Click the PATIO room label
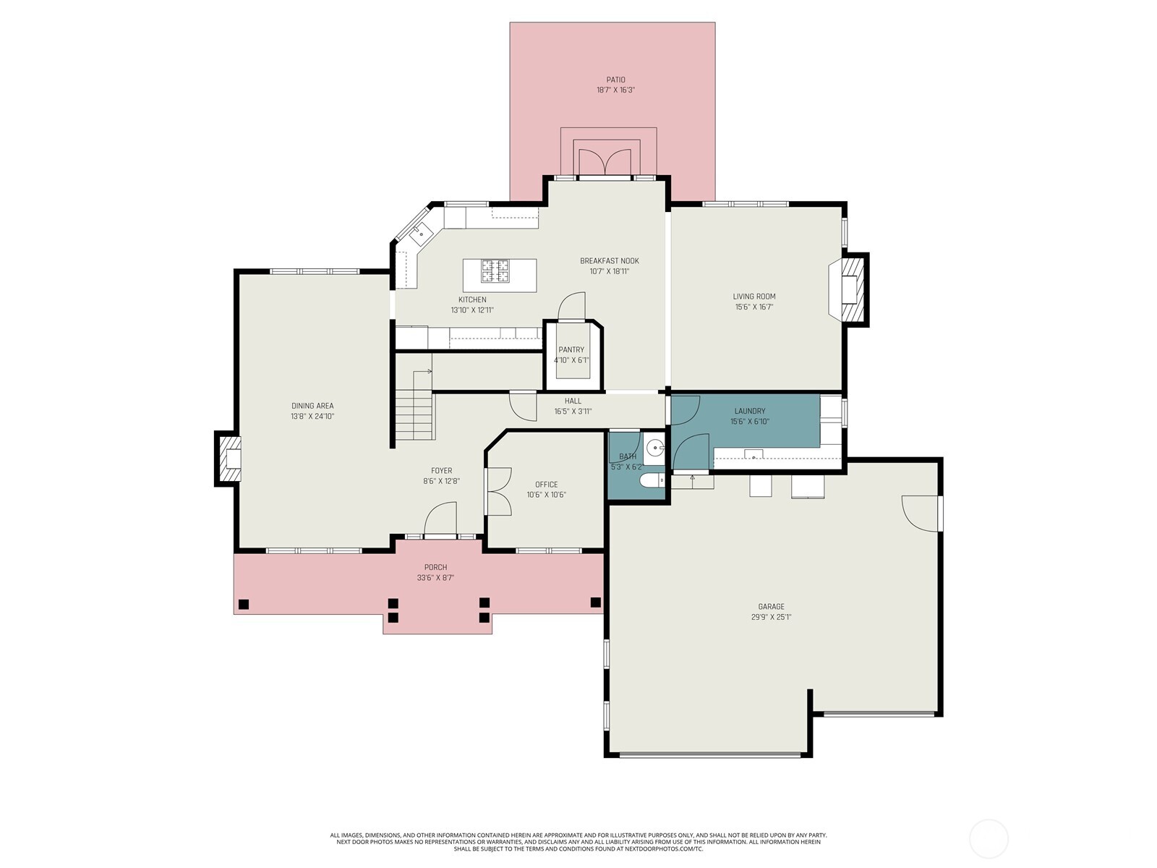615,80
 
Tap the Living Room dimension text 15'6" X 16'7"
754,307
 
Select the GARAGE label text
771,607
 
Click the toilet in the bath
652,481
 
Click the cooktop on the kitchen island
496,271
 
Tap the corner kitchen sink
421,234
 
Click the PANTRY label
571,349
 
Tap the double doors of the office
498,491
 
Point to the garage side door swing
921,512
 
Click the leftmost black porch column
244,604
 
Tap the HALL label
573,401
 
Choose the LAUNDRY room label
750,411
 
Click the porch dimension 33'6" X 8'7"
435,578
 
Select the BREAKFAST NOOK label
609,260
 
